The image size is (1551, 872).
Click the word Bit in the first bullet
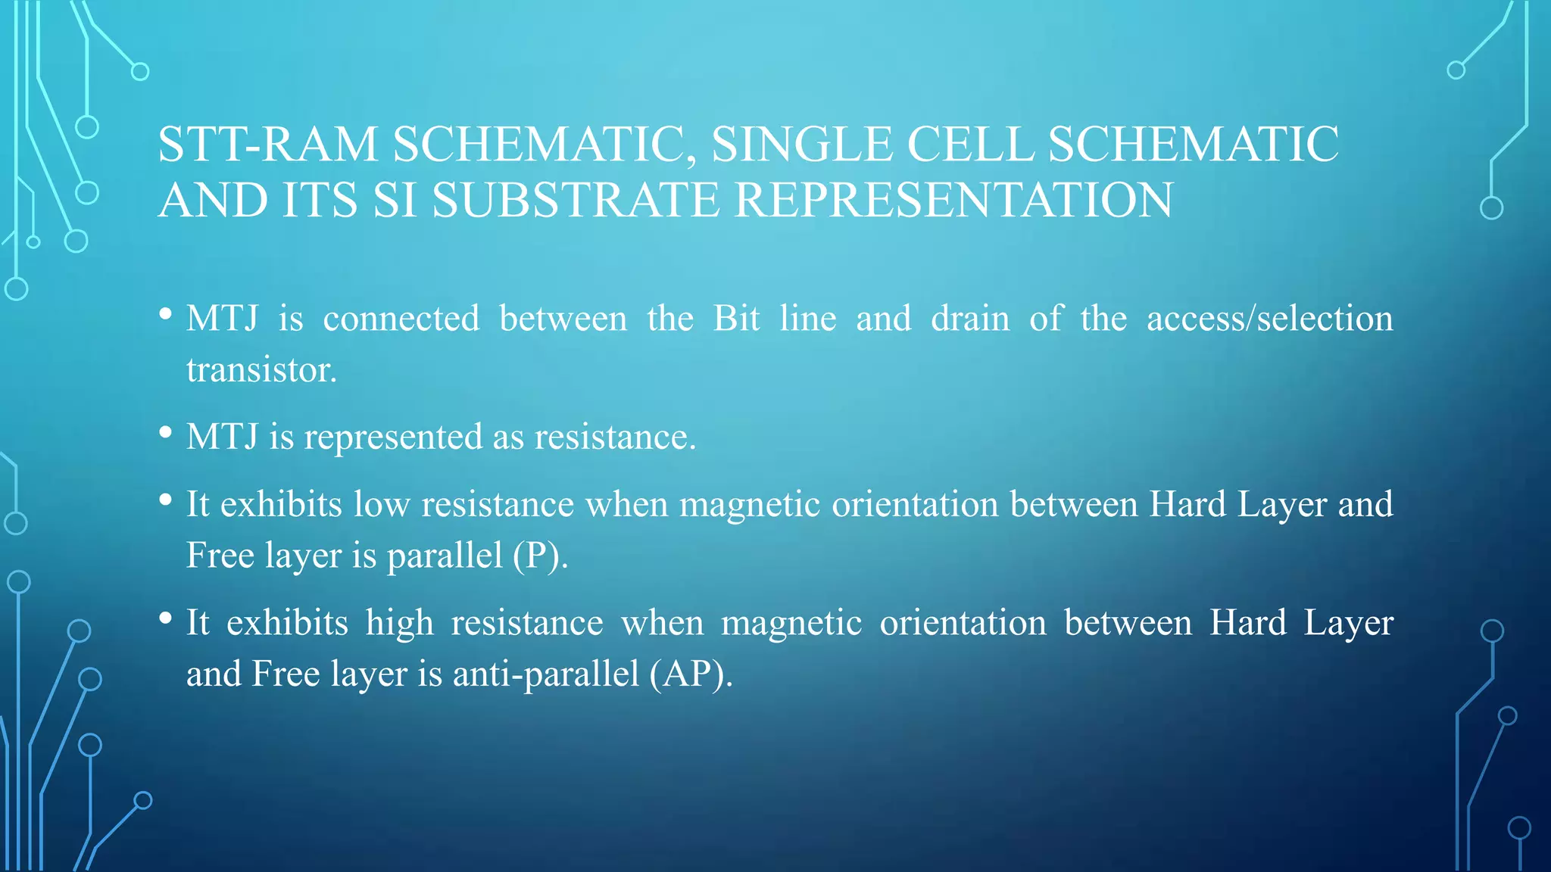(x=736, y=319)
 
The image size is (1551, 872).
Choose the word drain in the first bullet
(x=970, y=319)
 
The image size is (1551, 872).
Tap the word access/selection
(x=1269, y=319)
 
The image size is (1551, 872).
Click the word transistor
(x=261, y=370)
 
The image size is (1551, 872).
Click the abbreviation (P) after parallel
(x=540, y=556)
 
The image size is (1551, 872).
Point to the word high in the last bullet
(x=400, y=623)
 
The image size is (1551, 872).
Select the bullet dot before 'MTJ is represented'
(x=166, y=433)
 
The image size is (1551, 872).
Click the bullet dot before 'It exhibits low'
(x=166, y=500)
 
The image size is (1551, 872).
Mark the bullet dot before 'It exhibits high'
(x=166, y=618)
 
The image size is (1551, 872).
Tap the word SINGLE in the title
(x=802, y=144)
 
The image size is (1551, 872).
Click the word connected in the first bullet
(x=401, y=319)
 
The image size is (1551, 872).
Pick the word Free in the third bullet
(x=220, y=556)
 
